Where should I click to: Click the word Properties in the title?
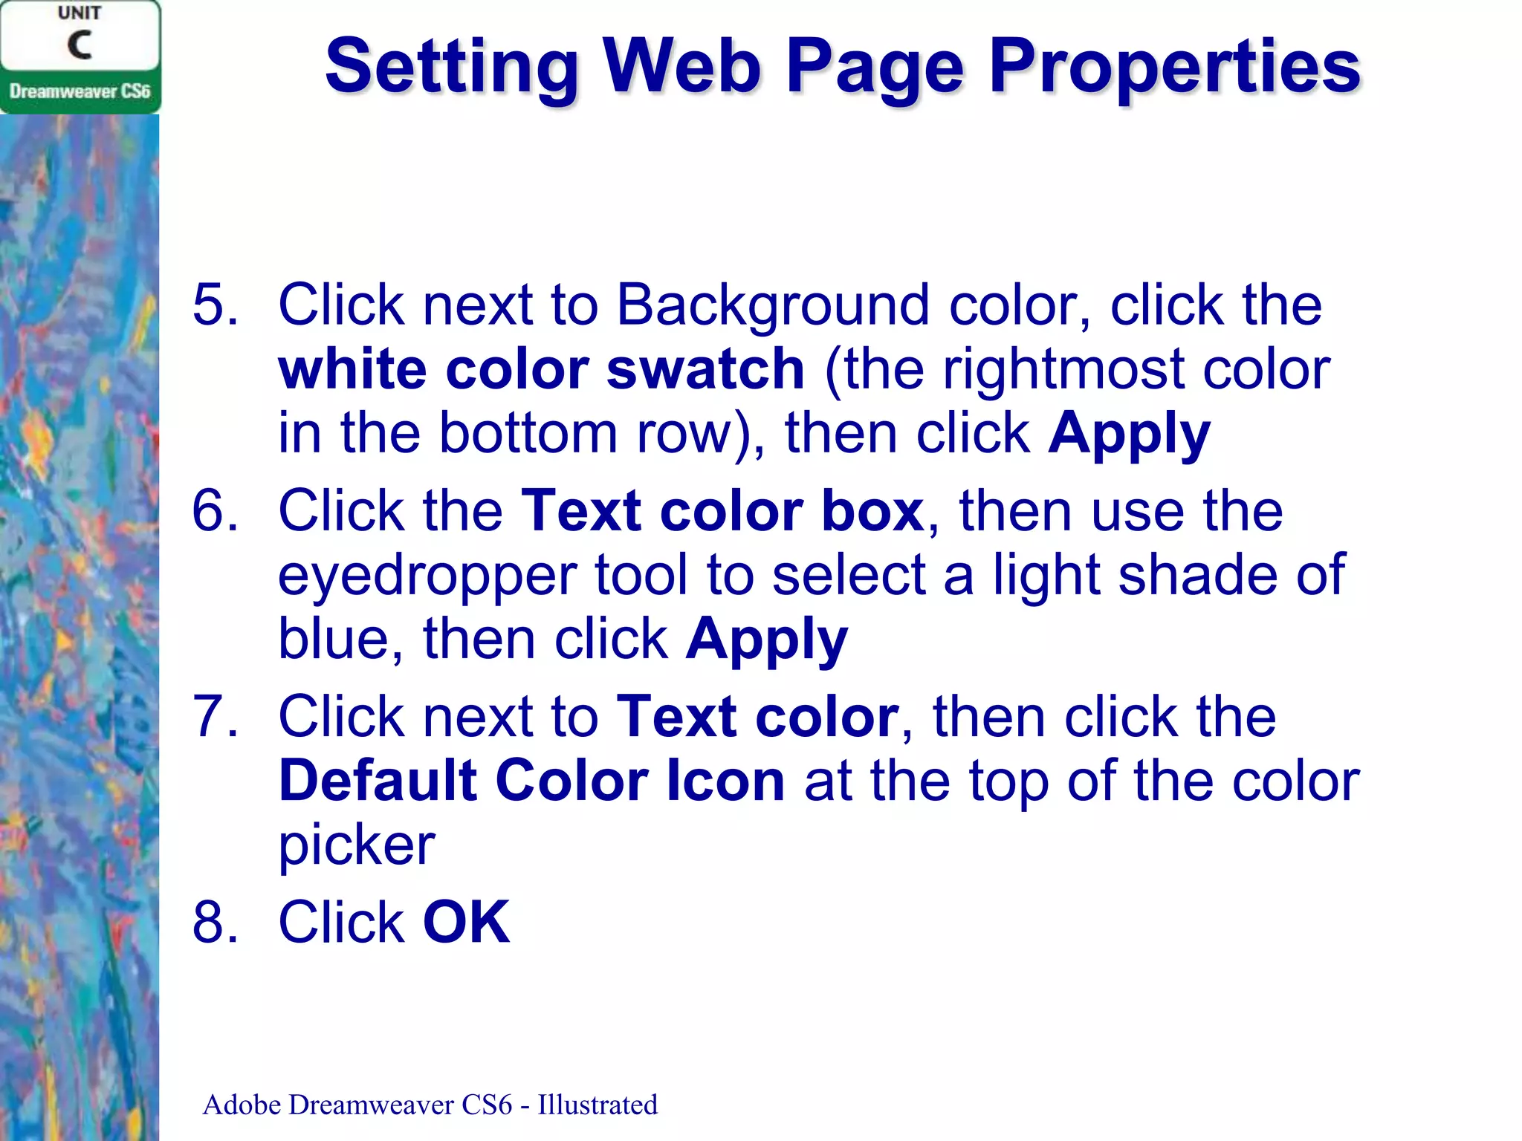coord(1174,68)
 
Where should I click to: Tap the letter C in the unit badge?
coord(80,45)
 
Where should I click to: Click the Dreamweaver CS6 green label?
coord(80,91)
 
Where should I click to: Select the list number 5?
coord(216,305)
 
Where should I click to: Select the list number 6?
coord(216,511)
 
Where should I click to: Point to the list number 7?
coord(216,717)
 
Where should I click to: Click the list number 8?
coord(216,923)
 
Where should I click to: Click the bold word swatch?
coord(705,369)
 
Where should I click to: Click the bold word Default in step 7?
coord(377,781)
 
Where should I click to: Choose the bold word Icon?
coord(725,781)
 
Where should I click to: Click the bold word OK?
coord(466,923)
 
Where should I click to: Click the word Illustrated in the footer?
coord(598,1105)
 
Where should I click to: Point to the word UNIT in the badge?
coord(80,13)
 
